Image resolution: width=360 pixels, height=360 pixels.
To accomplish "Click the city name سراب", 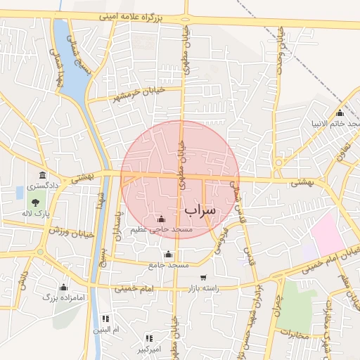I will click(x=200, y=210).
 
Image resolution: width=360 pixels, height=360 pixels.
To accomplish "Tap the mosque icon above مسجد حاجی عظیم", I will click(x=162, y=219).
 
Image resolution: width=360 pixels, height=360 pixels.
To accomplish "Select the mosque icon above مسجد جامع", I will click(x=167, y=255).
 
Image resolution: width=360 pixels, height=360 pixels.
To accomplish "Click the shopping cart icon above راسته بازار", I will click(x=203, y=278).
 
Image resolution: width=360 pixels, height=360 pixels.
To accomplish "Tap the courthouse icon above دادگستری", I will click(x=43, y=175).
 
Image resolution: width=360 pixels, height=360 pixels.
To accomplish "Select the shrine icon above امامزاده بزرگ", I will click(x=64, y=287).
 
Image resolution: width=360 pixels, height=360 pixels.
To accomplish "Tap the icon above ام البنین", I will click(x=106, y=319).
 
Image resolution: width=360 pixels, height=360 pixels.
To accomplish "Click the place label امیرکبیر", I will click(x=148, y=349).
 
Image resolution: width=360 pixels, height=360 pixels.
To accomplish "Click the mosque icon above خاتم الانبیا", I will click(x=340, y=113).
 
